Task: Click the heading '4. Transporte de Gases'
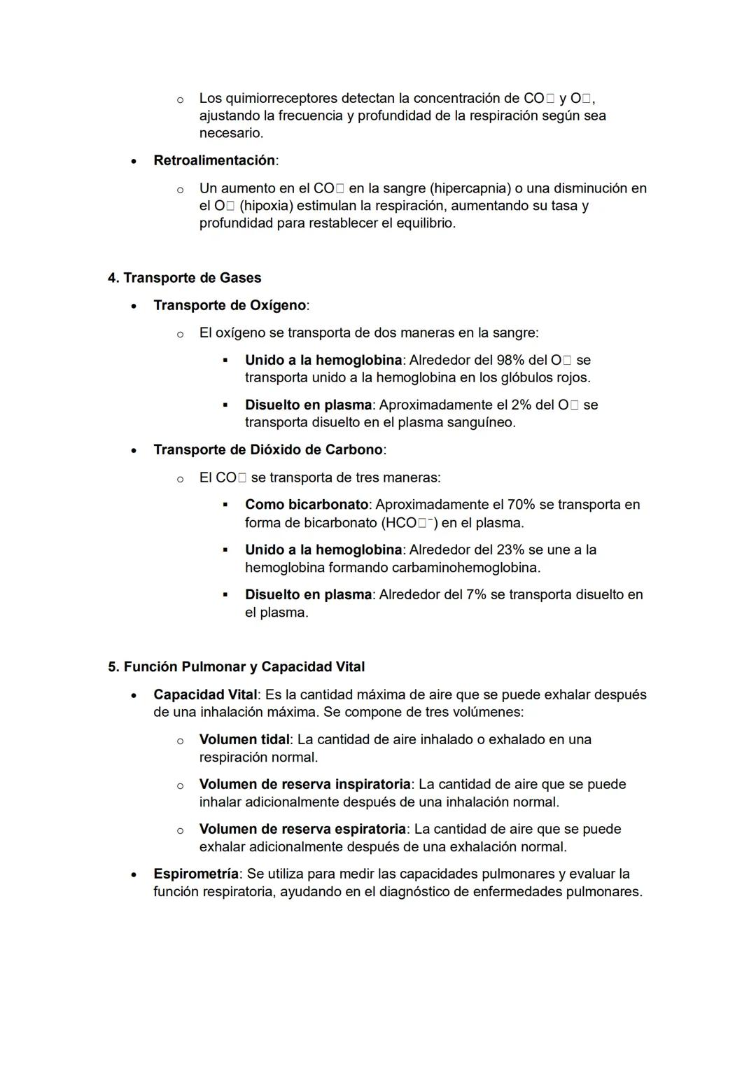coord(184,278)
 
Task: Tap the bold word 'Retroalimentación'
coord(214,160)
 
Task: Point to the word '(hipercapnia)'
coord(470,188)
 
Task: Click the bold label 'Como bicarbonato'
coord(307,504)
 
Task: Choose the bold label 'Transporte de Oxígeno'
coord(230,305)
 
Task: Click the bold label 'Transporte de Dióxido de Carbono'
coord(268,449)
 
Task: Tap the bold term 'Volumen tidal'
coord(244,739)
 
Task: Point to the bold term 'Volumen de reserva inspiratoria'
coord(304,784)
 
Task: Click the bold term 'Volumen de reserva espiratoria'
coord(302,829)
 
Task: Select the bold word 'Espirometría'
coord(196,874)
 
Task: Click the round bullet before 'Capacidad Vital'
coord(133,695)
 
